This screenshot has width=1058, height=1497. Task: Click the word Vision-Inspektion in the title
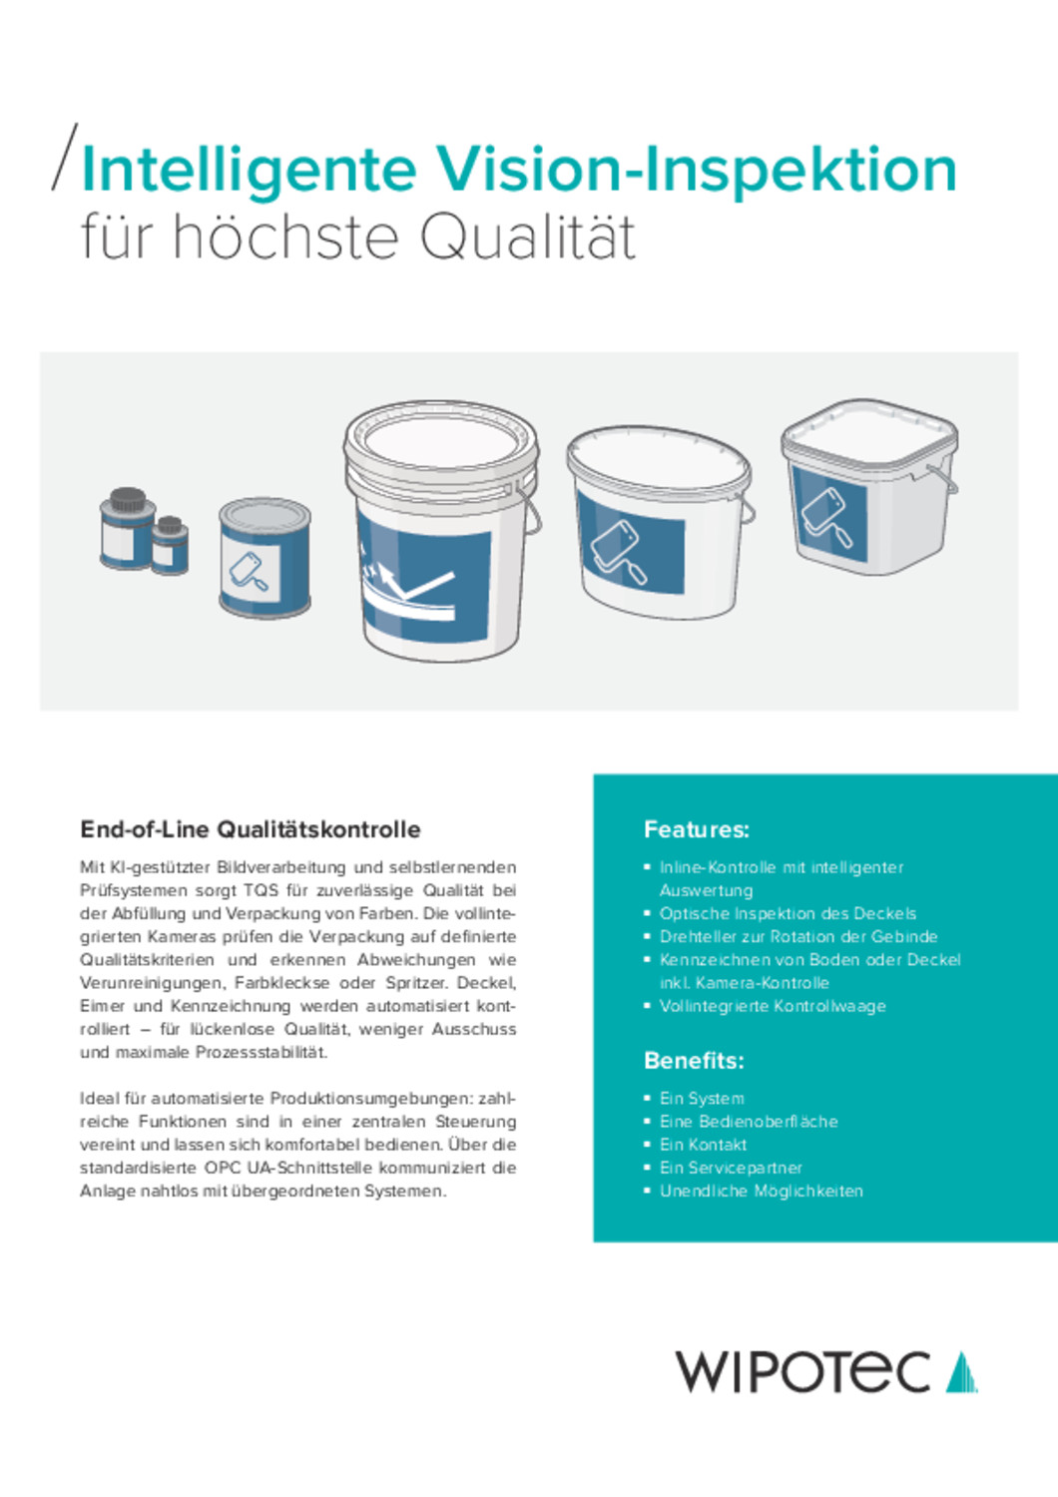click(x=696, y=170)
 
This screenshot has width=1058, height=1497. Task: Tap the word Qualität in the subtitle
click(x=526, y=238)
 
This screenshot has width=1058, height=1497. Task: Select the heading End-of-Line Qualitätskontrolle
click(x=251, y=829)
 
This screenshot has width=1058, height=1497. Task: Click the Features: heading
click(x=696, y=829)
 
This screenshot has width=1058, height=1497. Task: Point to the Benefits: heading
click(x=694, y=1060)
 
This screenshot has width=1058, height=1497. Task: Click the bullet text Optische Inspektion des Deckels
click(x=788, y=913)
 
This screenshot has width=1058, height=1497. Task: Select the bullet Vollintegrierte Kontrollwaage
click(x=773, y=1006)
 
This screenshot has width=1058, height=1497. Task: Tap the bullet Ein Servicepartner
click(x=731, y=1168)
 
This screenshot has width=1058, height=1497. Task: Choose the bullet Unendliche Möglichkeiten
click(x=761, y=1191)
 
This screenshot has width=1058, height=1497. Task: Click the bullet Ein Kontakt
click(x=703, y=1145)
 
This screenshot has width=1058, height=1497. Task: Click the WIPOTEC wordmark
click(x=802, y=1372)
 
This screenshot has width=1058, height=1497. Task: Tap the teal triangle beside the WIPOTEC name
click(x=961, y=1372)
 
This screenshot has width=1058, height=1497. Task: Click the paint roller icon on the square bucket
click(x=828, y=516)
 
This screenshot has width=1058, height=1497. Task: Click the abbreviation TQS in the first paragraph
click(x=261, y=890)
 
